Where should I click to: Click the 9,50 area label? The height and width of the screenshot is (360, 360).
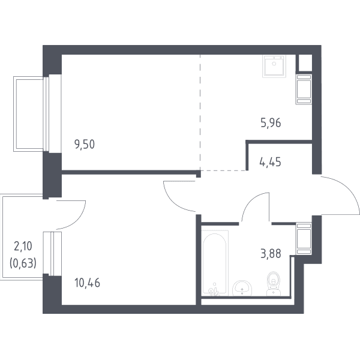[85, 145]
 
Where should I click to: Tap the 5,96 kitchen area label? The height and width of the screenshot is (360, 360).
[271, 123]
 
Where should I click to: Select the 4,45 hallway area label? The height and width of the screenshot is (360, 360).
[270, 162]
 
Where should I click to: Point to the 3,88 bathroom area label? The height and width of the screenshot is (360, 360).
[271, 254]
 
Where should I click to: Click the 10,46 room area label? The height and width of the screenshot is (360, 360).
[87, 283]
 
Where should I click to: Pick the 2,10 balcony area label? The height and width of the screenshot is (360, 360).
[23, 246]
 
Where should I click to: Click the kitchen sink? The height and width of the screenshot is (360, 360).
[274, 66]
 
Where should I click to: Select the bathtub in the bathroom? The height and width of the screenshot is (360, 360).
[215, 263]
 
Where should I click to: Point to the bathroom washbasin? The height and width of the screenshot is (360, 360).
[242, 288]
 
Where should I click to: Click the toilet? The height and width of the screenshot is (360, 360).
[274, 284]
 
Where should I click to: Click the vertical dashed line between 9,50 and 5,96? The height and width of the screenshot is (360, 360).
[200, 113]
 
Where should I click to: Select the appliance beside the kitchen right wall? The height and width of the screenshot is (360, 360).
[304, 89]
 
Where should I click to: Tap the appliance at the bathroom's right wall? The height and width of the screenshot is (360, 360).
[304, 239]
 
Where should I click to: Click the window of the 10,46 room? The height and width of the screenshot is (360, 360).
[52, 254]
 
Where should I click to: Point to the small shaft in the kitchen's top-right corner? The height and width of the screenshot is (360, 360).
[305, 62]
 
